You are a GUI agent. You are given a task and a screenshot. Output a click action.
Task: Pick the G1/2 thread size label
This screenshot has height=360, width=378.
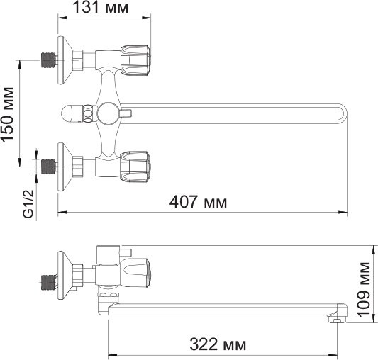pos(28,202)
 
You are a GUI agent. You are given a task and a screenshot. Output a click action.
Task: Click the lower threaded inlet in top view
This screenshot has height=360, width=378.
pos(48,167)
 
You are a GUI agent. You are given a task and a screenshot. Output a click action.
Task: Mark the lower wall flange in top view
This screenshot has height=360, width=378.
pos(65,166)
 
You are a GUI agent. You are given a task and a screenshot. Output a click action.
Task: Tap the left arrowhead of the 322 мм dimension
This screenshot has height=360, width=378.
pos(110,354)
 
